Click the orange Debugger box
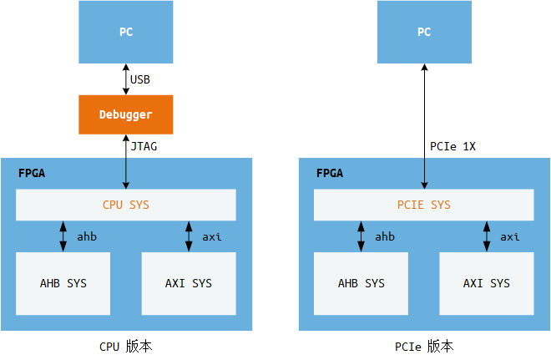point(125,114)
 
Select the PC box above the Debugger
point(125,33)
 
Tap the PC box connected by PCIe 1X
point(424,33)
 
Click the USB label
point(140,80)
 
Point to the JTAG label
point(144,146)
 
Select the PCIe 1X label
point(452,146)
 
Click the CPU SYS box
point(125,205)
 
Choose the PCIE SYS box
point(423,205)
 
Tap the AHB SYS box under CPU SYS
point(63,283)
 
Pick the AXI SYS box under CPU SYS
point(189,283)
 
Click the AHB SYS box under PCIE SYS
point(361,283)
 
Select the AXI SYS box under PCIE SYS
point(487,283)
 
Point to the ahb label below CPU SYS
point(87,237)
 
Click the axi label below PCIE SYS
point(509,237)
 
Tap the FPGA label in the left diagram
point(32,174)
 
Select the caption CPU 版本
point(125,346)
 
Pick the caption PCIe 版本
point(424,346)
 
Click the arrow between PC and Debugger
point(125,80)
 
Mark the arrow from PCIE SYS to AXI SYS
point(487,236)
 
